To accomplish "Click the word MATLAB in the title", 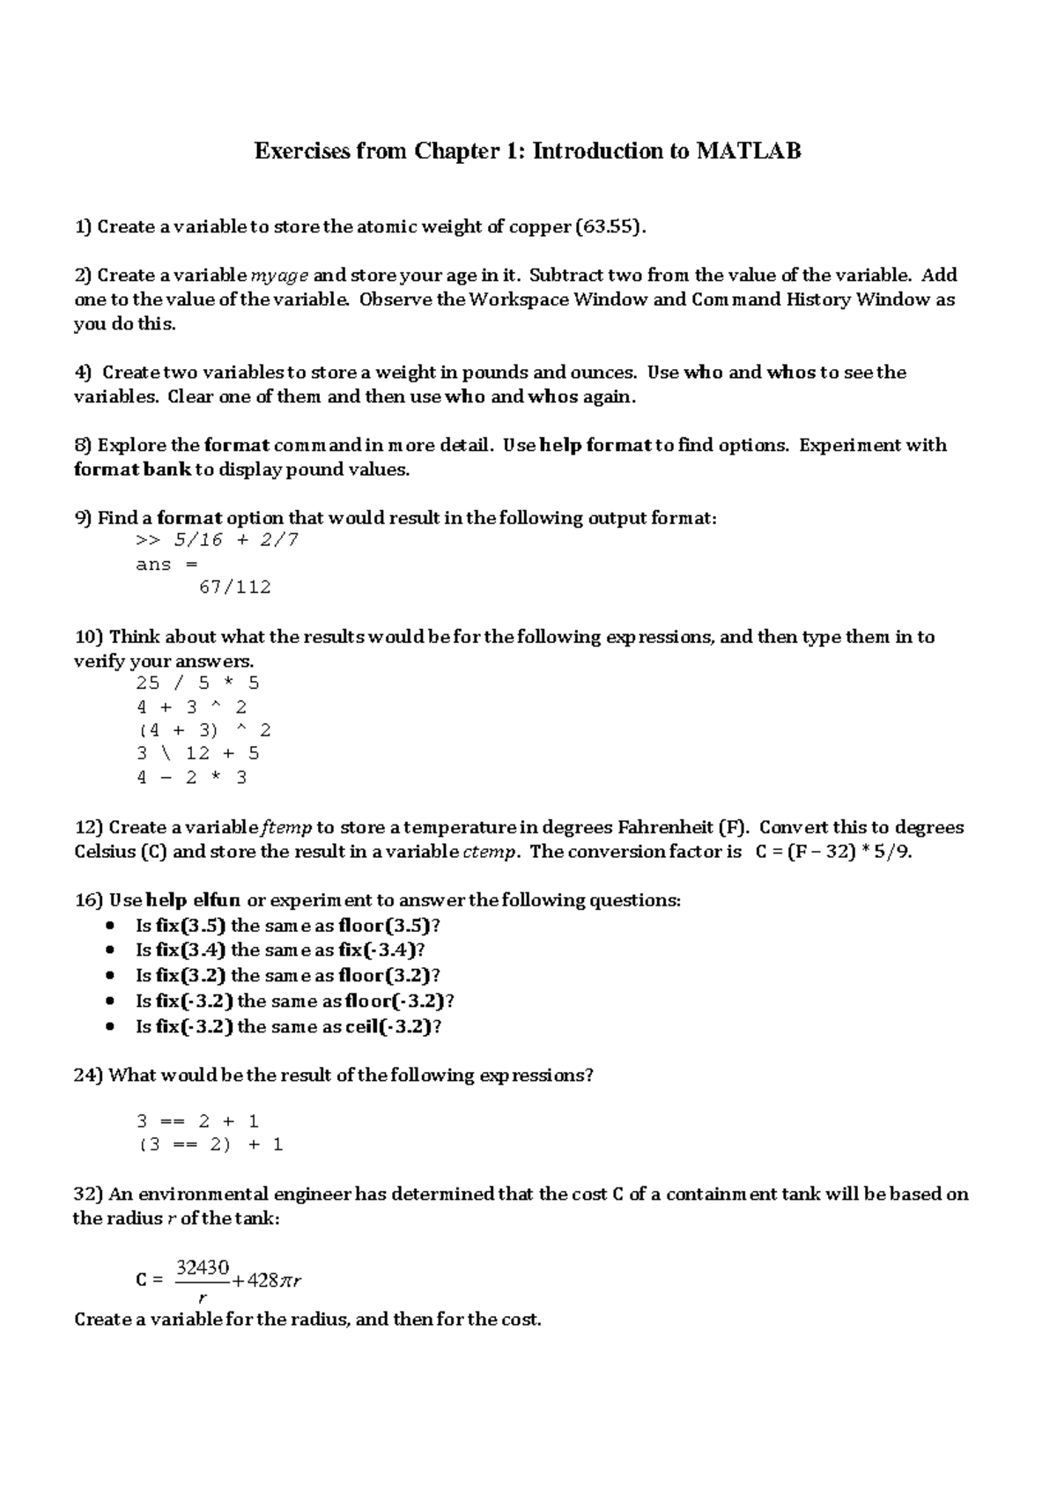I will click(x=749, y=152).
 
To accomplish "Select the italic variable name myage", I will click(x=279, y=276).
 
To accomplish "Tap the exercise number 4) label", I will click(x=82, y=373).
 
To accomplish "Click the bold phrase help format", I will click(x=595, y=446).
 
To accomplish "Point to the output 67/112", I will click(x=235, y=588).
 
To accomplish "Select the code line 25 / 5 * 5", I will click(x=197, y=684).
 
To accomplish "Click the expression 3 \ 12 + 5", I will click(x=197, y=754).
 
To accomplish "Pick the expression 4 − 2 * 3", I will click(x=191, y=778).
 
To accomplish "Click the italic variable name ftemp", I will click(x=286, y=828).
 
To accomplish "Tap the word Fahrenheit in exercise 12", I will click(x=666, y=828).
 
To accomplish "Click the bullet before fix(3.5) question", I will click(x=109, y=926).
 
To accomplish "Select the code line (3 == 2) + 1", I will click(x=210, y=1145).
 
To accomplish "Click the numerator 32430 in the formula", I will click(x=203, y=1268).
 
